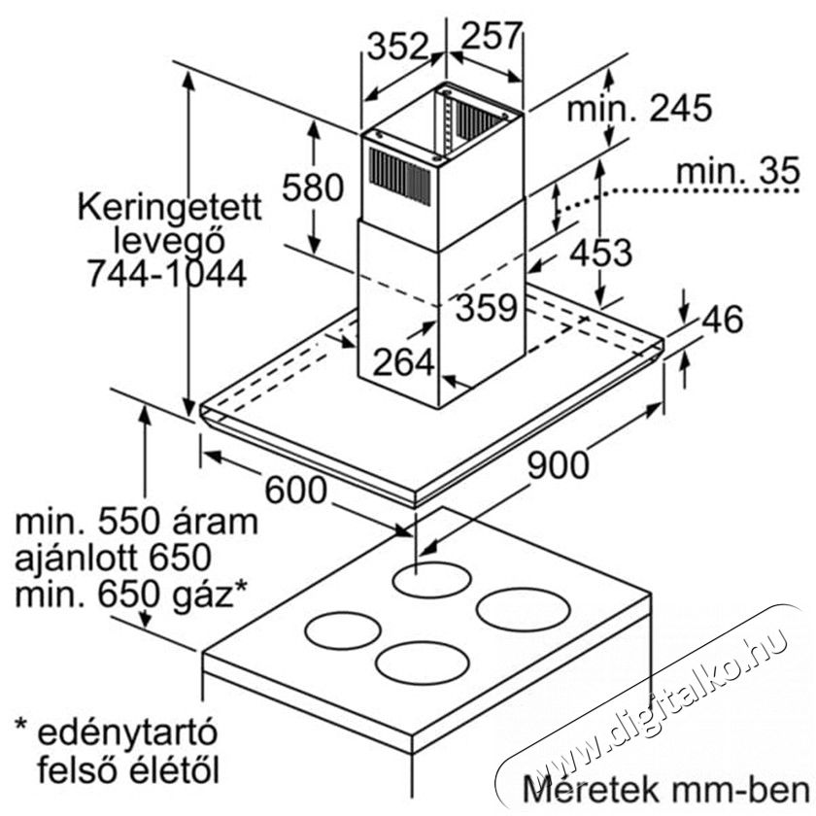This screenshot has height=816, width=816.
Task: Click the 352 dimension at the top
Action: click(x=397, y=47)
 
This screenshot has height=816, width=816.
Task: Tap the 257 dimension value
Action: click(x=491, y=35)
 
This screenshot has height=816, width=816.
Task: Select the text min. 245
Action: click(x=639, y=109)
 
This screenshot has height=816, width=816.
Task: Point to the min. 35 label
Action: click(x=738, y=170)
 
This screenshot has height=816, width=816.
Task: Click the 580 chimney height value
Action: click(x=313, y=187)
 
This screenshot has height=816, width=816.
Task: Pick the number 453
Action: click(x=601, y=253)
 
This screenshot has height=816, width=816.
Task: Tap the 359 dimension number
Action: click(x=486, y=307)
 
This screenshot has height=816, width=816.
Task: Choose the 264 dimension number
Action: click(x=403, y=362)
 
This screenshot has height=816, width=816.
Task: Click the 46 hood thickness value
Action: click(x=723, y=319)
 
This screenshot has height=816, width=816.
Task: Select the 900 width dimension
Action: click(x=559, y=464)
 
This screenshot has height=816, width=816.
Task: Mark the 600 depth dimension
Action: click(x=296, y=490)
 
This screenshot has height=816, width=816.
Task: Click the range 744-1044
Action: click(x=166, y=274)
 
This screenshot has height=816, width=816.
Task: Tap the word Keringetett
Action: click(x=170, y=208)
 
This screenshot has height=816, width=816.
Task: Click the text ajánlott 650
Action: click(x=113, y=558)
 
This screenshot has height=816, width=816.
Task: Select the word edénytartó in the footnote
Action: click(x=126, y=732)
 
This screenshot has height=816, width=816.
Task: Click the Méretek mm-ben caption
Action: click(x=665, y=789)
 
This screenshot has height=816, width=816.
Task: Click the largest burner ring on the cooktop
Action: click(x=523, y=608)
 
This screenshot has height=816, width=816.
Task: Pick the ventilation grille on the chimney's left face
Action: click(x=400, y=177)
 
